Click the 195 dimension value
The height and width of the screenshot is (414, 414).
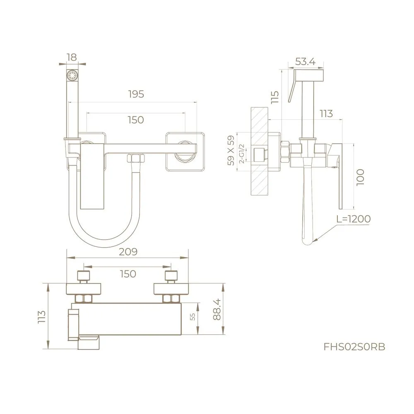[136, 94]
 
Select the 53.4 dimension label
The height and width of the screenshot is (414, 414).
[305, 62]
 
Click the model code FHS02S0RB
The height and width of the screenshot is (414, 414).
[354, 347]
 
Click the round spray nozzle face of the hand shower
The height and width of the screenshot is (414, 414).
[72, 76]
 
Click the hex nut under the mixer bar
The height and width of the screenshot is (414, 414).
[135, 159]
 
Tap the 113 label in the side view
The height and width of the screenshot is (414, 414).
[326, 113]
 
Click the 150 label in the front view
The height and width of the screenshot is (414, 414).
[136, 120]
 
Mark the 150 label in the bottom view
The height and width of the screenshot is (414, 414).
[128, 274]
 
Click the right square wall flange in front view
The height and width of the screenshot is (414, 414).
[185, 152]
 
